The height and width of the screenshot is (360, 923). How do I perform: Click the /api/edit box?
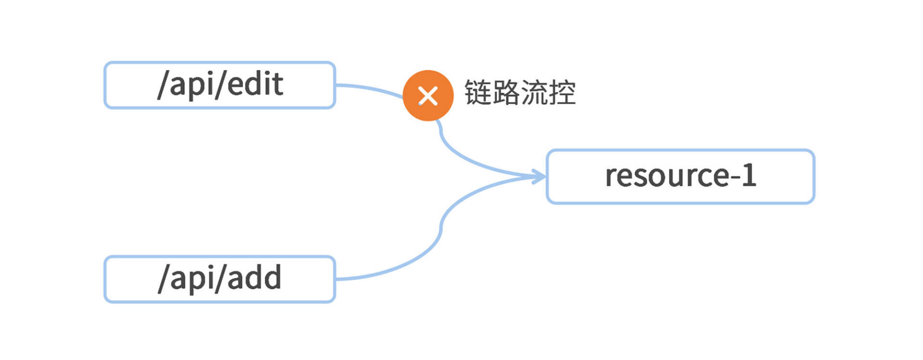pos(219,85)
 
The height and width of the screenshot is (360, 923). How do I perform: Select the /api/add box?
pos(219,279)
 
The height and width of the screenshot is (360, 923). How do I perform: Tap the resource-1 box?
pos(680,176)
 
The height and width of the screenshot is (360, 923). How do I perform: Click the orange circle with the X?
pos(428,96)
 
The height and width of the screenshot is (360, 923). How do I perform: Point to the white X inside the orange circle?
pos(428,96)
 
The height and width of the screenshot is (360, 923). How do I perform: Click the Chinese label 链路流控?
pos(520,92)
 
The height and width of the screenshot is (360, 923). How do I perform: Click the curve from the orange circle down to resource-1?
pos(461,156)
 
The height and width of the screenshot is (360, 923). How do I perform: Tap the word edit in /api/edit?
pos(255,84)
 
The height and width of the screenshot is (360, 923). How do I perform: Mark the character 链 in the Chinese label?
pos(478,92)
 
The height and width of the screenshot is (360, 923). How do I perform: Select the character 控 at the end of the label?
pos(562,92)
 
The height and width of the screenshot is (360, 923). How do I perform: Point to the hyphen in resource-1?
pos(735,177)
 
